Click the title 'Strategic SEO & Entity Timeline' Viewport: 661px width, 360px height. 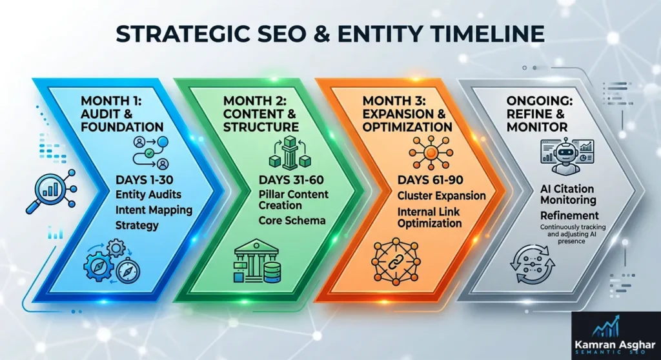[330, 33]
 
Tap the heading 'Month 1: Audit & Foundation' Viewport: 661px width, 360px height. [122, 114]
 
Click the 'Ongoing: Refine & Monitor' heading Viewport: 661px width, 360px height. [554, 114]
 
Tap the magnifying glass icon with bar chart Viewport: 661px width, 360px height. [51, 193]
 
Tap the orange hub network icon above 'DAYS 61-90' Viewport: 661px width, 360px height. [427, 152]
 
